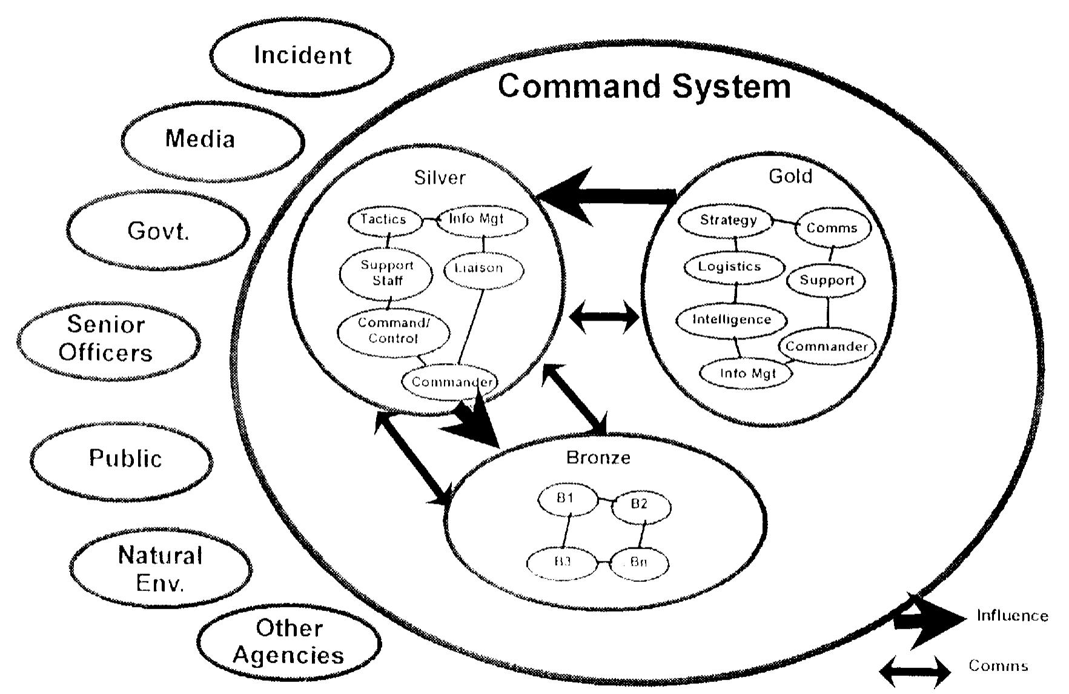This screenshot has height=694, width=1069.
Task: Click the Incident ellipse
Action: (302, 56)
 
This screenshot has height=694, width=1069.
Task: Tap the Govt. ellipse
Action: (157, 231)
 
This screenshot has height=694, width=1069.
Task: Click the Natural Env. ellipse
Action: (161, 569)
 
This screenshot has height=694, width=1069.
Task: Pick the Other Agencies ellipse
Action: (289, 642)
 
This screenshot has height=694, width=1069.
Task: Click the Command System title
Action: (644, 86)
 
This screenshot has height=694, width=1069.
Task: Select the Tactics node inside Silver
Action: (384, 219)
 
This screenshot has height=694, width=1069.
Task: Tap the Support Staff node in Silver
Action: (386, 273)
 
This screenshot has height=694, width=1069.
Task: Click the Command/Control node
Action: (393, 331)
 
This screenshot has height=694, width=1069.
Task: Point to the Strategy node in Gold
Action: (727, 220)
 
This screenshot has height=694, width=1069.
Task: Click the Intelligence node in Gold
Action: (731, 319)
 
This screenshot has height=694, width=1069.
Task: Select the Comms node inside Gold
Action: (832, 229)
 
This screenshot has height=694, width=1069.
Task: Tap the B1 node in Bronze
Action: (566, 499)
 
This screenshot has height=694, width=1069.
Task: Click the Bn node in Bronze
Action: (639, 562)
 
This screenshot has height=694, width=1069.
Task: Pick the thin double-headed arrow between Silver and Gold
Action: (604, 317)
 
